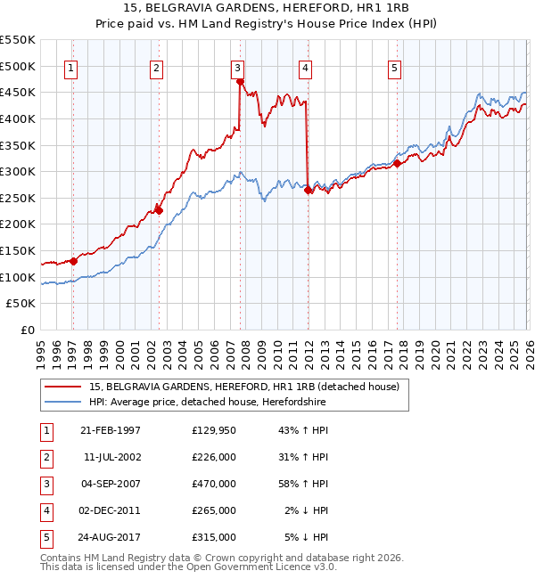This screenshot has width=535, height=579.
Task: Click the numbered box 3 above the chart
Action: pyautogui.click(x=238, y=67)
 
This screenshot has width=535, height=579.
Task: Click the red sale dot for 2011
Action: pyautogui.click(x=307, y=190)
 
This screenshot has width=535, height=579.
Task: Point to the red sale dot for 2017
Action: pyautogui.click(x=397, y=163)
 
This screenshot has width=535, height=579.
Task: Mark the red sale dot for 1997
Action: pyautogui.click(x=73, y=261)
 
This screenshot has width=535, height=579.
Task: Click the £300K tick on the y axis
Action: pyautogui.click(x=18, y=171)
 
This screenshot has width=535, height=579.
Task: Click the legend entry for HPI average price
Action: pyautogui.click(x=208, y=403)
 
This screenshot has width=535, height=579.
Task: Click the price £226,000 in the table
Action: pyautogui.click(x=214, y=457)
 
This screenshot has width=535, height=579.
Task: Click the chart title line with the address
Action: pyautogui.click(x=267, y=7)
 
